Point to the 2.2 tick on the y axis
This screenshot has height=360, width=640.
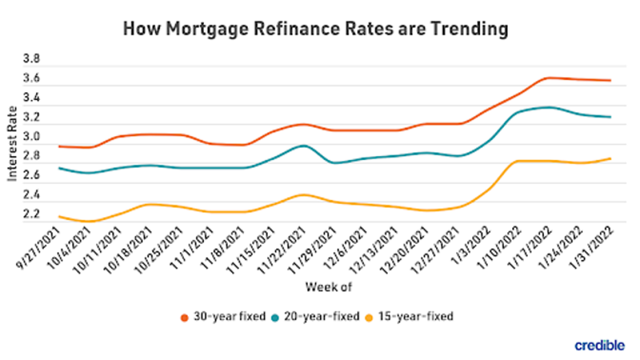click(32, 215)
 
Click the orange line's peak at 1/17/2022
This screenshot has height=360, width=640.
click(548, 78)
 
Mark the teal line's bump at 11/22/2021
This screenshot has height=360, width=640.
click(302, 146)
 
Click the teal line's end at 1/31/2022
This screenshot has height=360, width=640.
click(610, 117)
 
